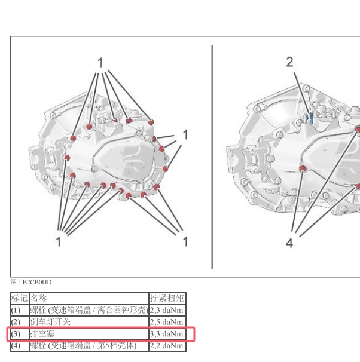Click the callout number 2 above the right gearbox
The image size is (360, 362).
pyautogui.click(x=289, y=62)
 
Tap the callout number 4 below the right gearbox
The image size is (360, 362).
pyautogui.click(x=289, y=243)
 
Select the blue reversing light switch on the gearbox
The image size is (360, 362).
pyautogui.click(x=310, y=118)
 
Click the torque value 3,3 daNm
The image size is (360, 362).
pyautogui.click(x=166, y=334)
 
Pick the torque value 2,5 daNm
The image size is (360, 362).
pyautogui.click(x=166, y=322)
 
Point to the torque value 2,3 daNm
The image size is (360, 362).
pyautogui.click(x=166, y=310)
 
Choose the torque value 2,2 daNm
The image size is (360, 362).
pyautogui.click(x=166, y=346)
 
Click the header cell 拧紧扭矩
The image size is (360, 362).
pyautogui.click(x=167, y=298)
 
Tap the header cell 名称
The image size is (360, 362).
pyautogui.click(x=39, y=298)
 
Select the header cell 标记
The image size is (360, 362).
pyautogui.click(x=19, y=298)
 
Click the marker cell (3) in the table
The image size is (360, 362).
pyautogui.click(x=16, y=334)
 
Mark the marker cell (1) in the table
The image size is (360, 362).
pyautogui.click(x=16, y=310)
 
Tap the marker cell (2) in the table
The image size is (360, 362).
pyautogui.click(x=16, y=322)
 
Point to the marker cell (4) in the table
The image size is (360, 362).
pyautogui.click(x=16, y=346)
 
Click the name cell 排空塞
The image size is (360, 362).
pyautogui.click(x=42, y=333)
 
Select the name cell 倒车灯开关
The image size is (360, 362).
pyautogui.click(x=50, y=322)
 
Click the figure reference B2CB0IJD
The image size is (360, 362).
pyautogui.click(x=37, y=282)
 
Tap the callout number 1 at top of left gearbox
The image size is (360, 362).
pyautogui.click(x=100, y=63)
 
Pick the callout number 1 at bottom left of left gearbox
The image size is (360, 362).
pyautogui.click(x=59, y=241)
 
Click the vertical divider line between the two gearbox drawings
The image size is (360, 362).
pyautogui.click(x=212, y=157)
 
